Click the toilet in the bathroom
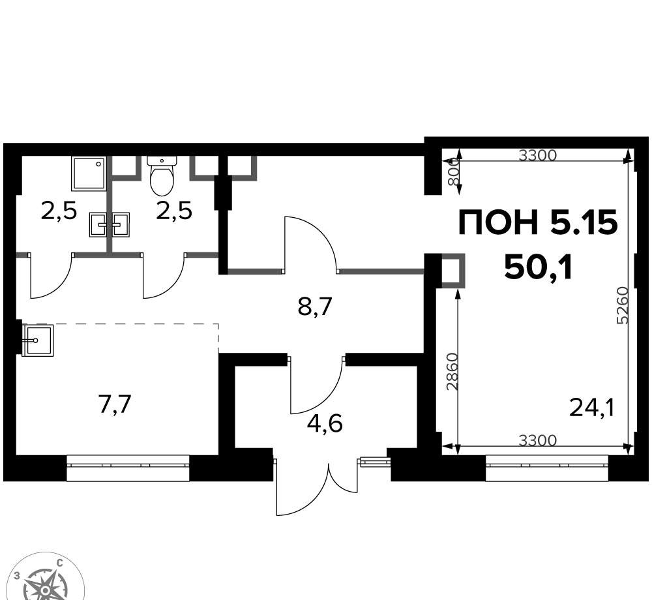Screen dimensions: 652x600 pos(162,175)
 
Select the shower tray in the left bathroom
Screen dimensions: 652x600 pos(89,173)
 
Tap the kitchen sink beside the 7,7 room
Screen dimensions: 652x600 pos(38,340)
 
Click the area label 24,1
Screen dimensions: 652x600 pos(591,408)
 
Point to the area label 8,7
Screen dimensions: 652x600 pos(314,307)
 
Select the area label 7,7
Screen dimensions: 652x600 pos(115,404)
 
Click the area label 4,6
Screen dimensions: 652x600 pos(325,424)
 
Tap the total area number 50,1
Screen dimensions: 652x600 pos(539,268)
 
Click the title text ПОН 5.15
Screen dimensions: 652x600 pos(538,223)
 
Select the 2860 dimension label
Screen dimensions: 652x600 pos(452,372)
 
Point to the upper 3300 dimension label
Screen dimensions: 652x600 pos(538,155)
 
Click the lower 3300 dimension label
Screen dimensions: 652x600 pos(538,440)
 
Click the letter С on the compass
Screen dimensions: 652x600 pos(60,563)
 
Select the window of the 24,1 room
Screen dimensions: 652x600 pos(547,468)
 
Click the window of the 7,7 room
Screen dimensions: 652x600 pos(128,468)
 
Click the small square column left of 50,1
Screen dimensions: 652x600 pos(452,271)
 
